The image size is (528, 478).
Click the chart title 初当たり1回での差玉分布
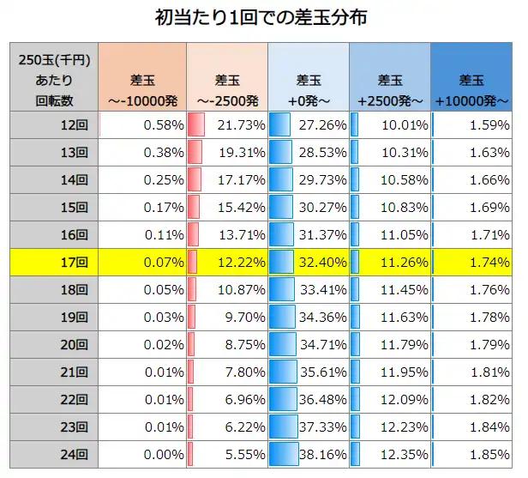[x=263, y=17]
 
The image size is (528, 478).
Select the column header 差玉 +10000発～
[x=471, y=90]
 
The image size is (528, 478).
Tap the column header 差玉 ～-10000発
[x=144, y=90]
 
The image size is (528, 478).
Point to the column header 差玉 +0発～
[x=308, y=90]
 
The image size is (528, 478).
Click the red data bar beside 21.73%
[x=196, y=125]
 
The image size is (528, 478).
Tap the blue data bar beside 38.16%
[x=284, y=454]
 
